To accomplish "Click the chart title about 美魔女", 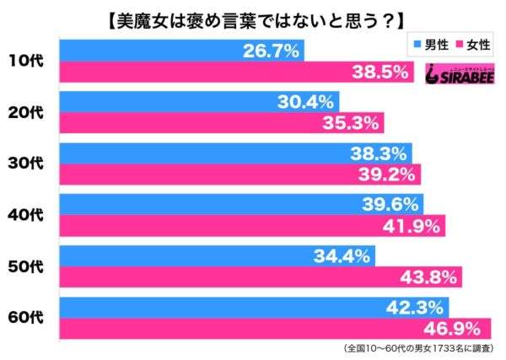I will click(x=253, y=17).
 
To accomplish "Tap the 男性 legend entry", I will click(x=430, y=43).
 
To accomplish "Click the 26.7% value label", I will click(x=272, y=52).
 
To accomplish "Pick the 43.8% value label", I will click(x=433, y=277).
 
